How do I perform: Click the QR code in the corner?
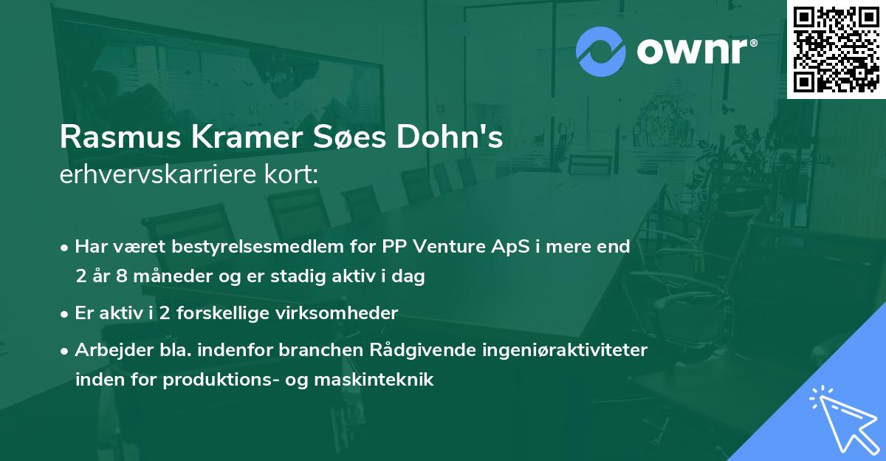pyautogui.click(x=836, y=49)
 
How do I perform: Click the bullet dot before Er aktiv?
pyautogui.click(x=65, y=313)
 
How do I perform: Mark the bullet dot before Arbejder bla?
pyautogui.click(x=65, y=350)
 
